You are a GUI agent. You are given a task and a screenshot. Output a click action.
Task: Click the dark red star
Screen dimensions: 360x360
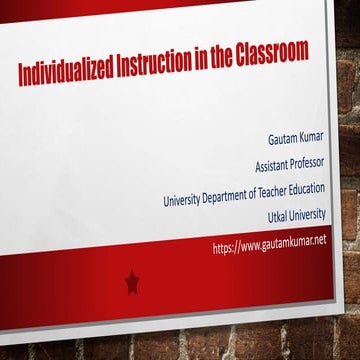click(x=132, y=283)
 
